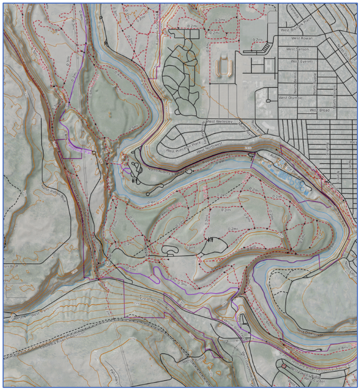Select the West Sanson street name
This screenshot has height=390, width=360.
pyautogui.click(x=297, y=49)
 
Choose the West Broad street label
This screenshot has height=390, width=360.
pyautogui.click(x=319, y=110)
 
